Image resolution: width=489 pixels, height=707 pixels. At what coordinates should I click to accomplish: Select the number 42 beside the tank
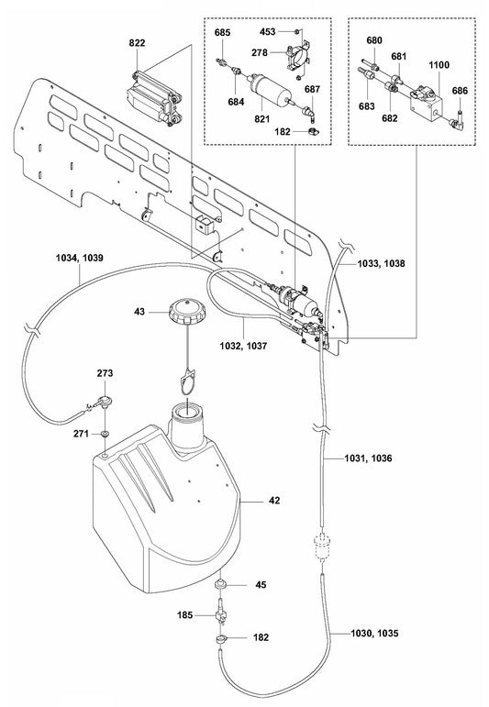(x=274, y=501)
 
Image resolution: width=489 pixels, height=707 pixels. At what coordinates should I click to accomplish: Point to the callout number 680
(x=373, y=40)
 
